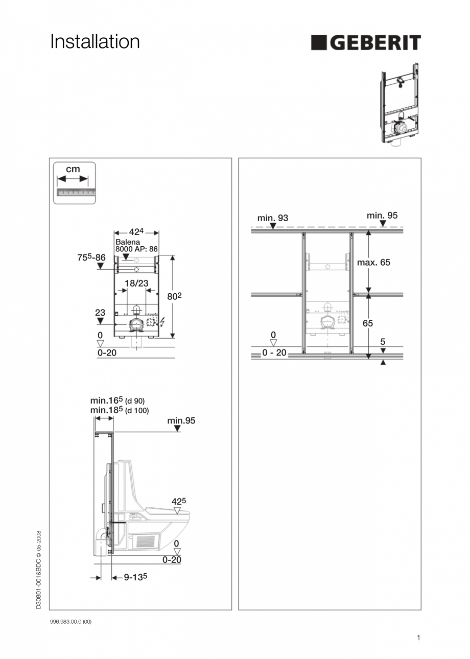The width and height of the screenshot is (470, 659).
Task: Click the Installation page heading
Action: coord(95,42)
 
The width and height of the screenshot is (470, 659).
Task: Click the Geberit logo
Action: coord(366,43)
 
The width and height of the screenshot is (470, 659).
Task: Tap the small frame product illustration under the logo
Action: coord(400,106)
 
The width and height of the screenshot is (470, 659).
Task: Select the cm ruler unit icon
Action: coord(75,183)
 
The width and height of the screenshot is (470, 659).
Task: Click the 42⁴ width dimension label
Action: coord(136,231)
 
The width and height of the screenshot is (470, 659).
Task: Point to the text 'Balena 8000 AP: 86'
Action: coord(136,246)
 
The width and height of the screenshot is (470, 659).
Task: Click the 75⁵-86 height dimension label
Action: coord(91,258)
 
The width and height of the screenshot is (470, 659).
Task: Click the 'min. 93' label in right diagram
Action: coord(273,218)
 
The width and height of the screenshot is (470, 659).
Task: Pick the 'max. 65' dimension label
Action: coord(373,262)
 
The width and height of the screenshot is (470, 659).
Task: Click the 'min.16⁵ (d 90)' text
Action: coord(121,401)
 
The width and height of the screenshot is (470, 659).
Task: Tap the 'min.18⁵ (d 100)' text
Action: coord(120,410)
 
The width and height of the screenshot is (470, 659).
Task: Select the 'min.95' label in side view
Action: coord(181,421)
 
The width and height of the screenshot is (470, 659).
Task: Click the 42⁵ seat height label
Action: coord(179,501)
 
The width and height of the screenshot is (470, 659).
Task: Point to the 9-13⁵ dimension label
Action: coord(136,577)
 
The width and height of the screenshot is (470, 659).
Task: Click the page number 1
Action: coord(418,637)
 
